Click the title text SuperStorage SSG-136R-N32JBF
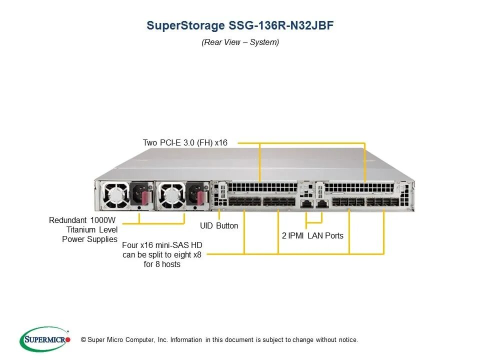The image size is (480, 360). (x=240, y=26)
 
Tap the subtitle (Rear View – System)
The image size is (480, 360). (x=240, y=42)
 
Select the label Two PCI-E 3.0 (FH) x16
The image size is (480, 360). (x=185, y=143)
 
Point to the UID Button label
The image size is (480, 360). (x=219, y=226)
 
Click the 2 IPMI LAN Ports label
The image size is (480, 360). (x=312, y=235)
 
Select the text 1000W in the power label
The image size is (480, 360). (x=104, y=220)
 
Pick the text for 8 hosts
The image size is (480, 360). (x=162, y=264)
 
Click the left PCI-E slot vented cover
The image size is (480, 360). (x=262, y=188)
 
